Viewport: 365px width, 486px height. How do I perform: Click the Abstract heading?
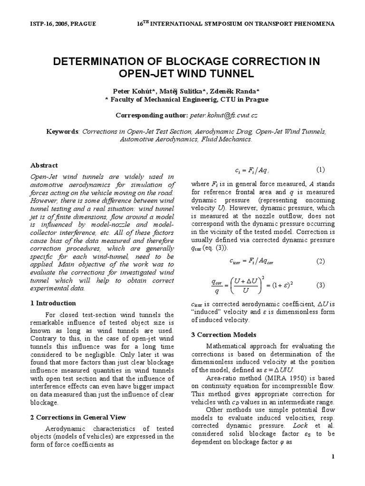pos(44,165)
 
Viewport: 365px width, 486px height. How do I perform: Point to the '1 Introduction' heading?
pos(53,303)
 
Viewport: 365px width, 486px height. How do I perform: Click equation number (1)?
pos(320,169)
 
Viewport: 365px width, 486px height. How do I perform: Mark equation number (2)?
pos(320,262)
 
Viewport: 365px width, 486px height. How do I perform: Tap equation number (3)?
pos(320,285)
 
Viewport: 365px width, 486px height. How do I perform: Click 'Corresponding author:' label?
pos(152,115)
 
